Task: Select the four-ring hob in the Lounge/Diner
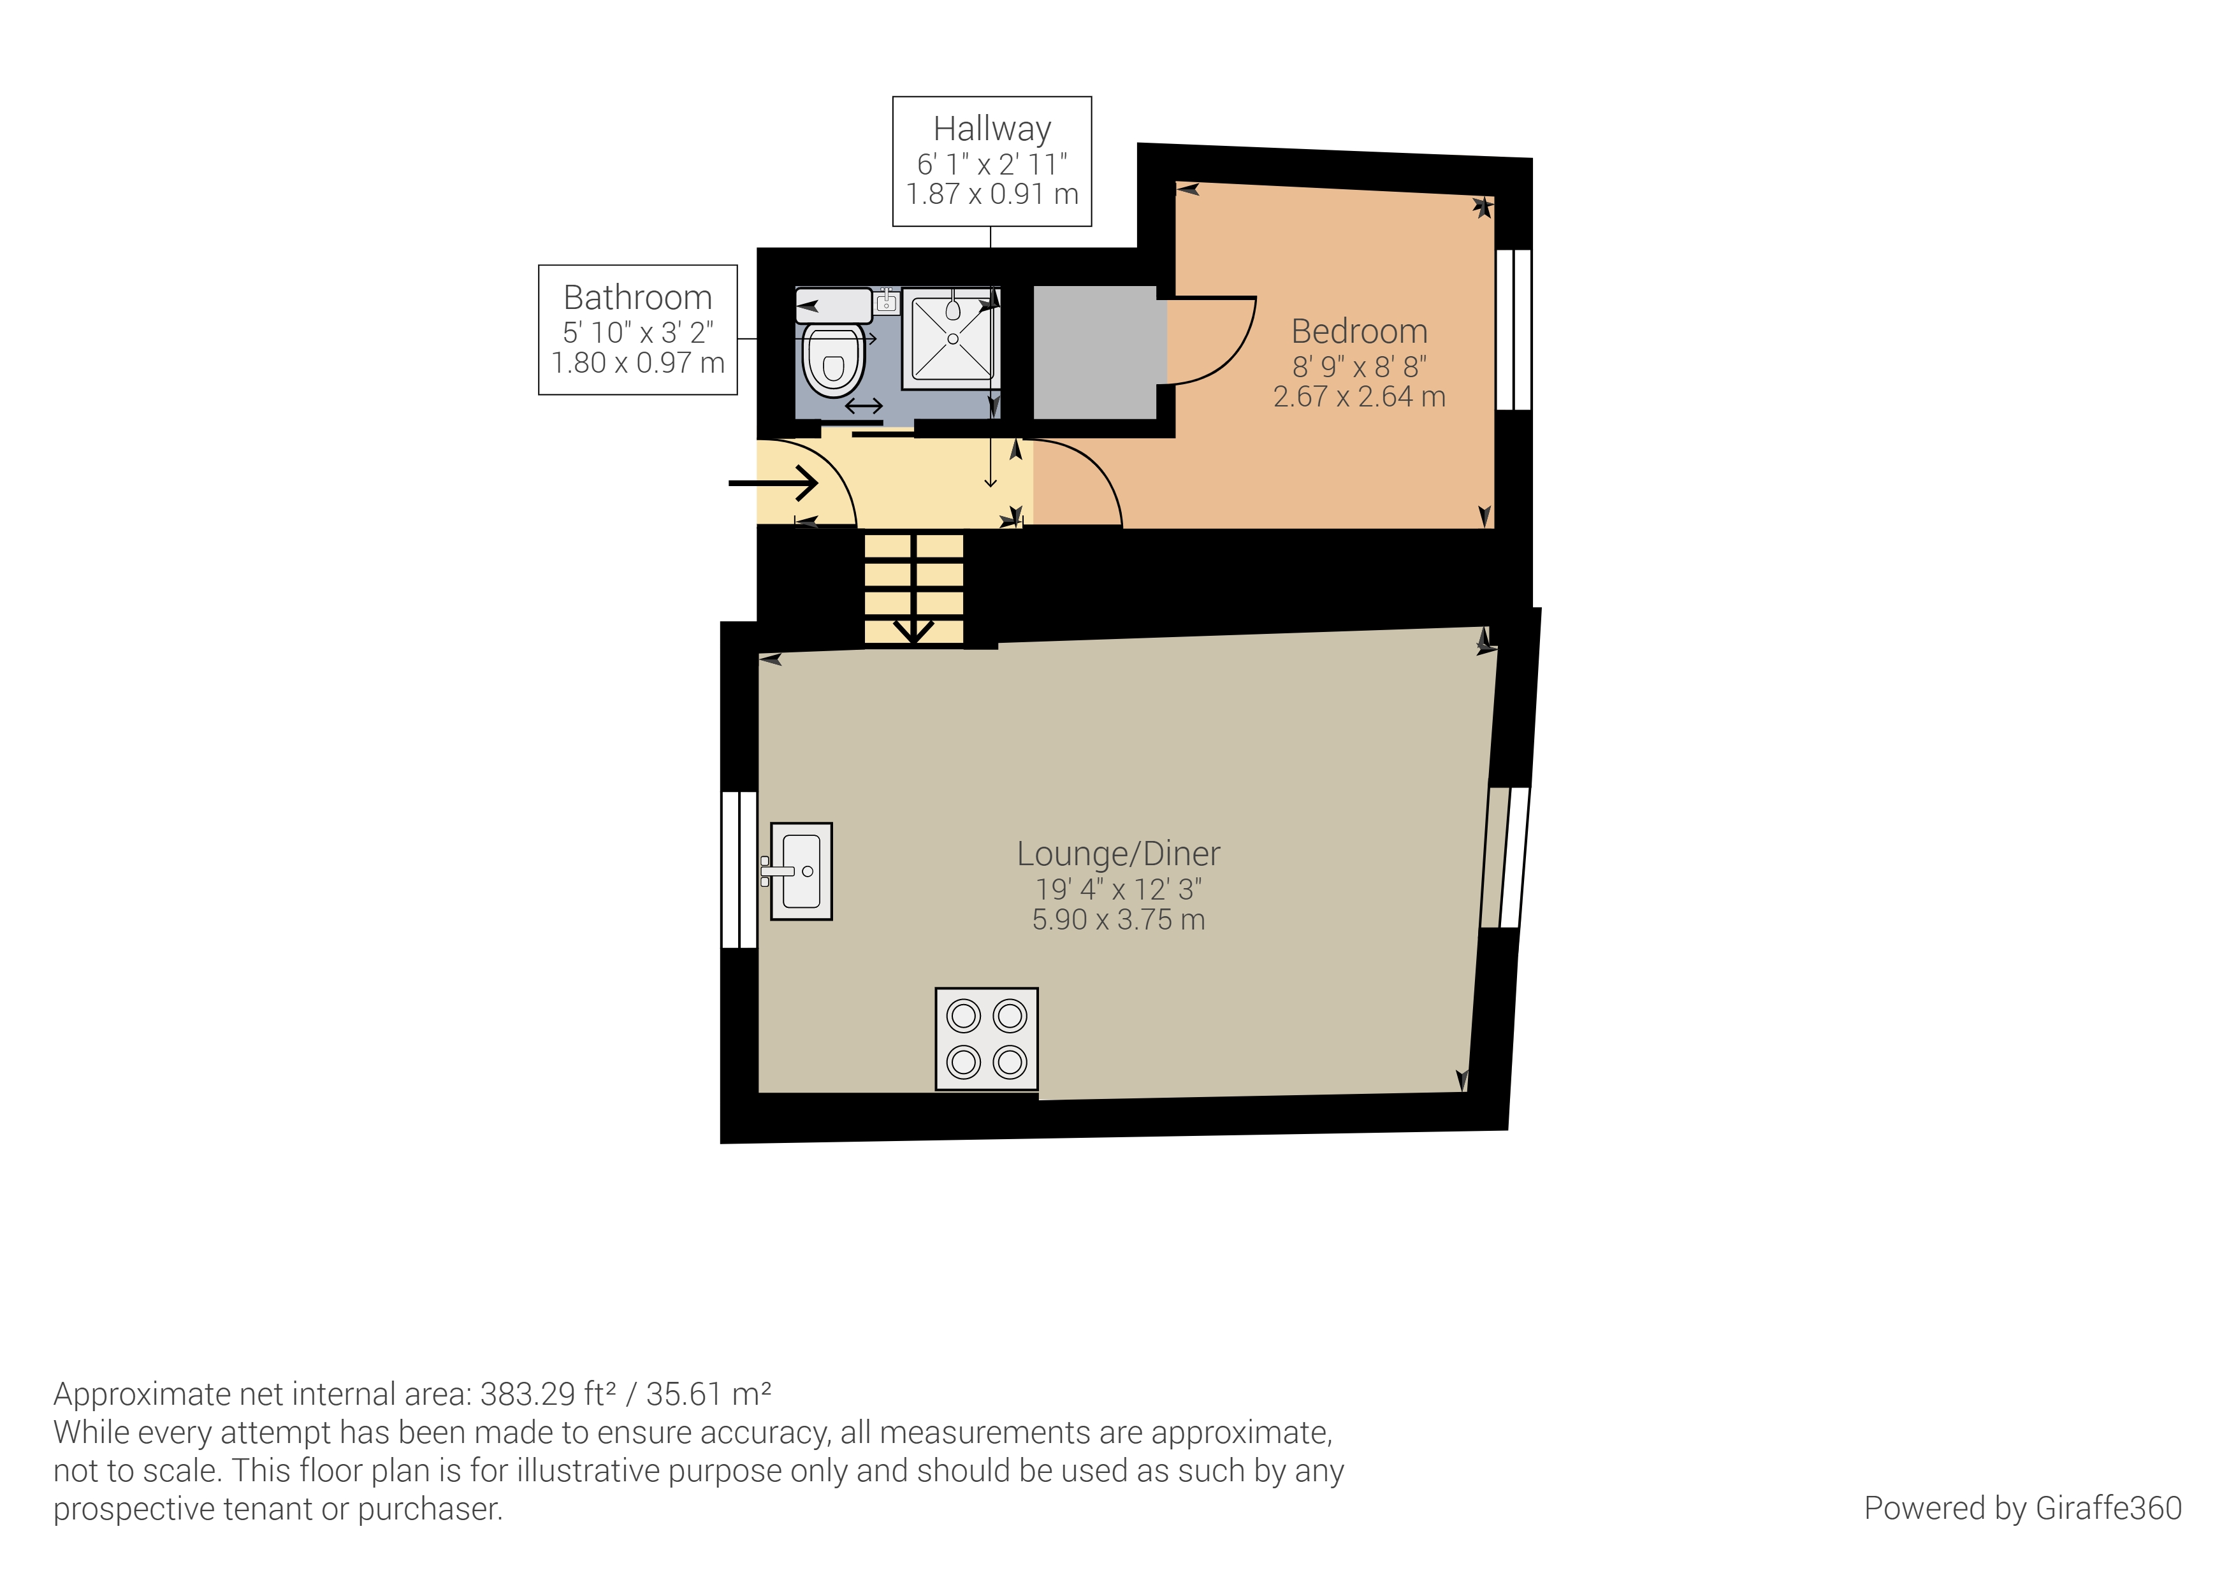pos(987,1038)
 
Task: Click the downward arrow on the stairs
pos(913,629)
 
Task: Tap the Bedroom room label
pos(1360,332)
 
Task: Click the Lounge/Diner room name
pos(1118,854)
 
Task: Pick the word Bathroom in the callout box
pos(638,297)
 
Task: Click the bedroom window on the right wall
pos(1513,329)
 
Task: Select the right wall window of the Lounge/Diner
pos(1505,857)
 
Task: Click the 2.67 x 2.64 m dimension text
pos(1360,397)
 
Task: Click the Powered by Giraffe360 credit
pos(2022,1508)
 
